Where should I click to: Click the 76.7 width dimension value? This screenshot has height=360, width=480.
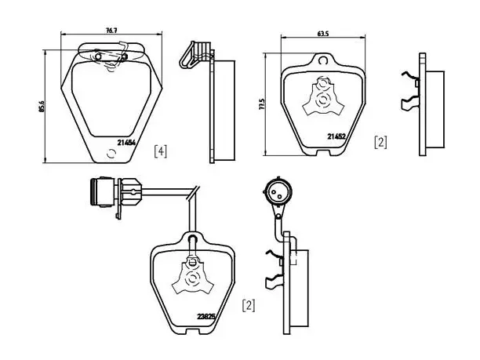(111, 31)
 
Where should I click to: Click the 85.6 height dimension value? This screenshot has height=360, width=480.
(42, 106)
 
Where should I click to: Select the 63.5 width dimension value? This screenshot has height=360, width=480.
(323, 34)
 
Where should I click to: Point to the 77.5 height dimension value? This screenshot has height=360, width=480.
(261, 104)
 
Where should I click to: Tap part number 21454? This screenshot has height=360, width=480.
(126, 142)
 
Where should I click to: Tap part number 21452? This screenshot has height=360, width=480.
(336, 136)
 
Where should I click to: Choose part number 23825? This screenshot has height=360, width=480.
(206, 316)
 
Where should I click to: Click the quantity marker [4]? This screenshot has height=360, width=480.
(161, 151)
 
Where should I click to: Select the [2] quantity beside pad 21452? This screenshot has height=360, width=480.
(380, 142)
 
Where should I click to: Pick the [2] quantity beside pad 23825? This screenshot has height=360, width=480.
(249, 306)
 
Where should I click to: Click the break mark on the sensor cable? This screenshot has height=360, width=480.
(194, 193)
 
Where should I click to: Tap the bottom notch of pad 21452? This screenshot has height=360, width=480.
(323, 152)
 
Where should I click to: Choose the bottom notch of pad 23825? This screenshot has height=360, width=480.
(193, 331)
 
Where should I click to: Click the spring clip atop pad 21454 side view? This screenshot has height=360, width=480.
(196, 55)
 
